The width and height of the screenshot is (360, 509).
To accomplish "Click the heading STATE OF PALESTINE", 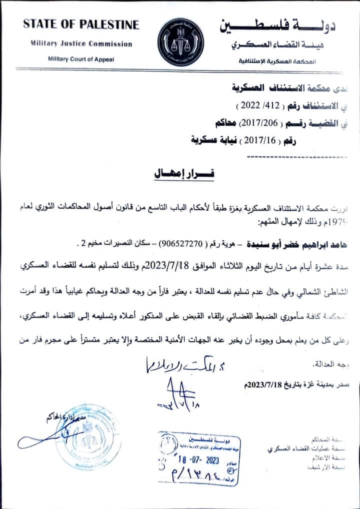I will click(x=81, y=24).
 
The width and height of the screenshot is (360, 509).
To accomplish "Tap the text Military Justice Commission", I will click(x=81, y=44).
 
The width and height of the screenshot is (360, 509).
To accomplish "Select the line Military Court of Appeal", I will click(x=81, y=59).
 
